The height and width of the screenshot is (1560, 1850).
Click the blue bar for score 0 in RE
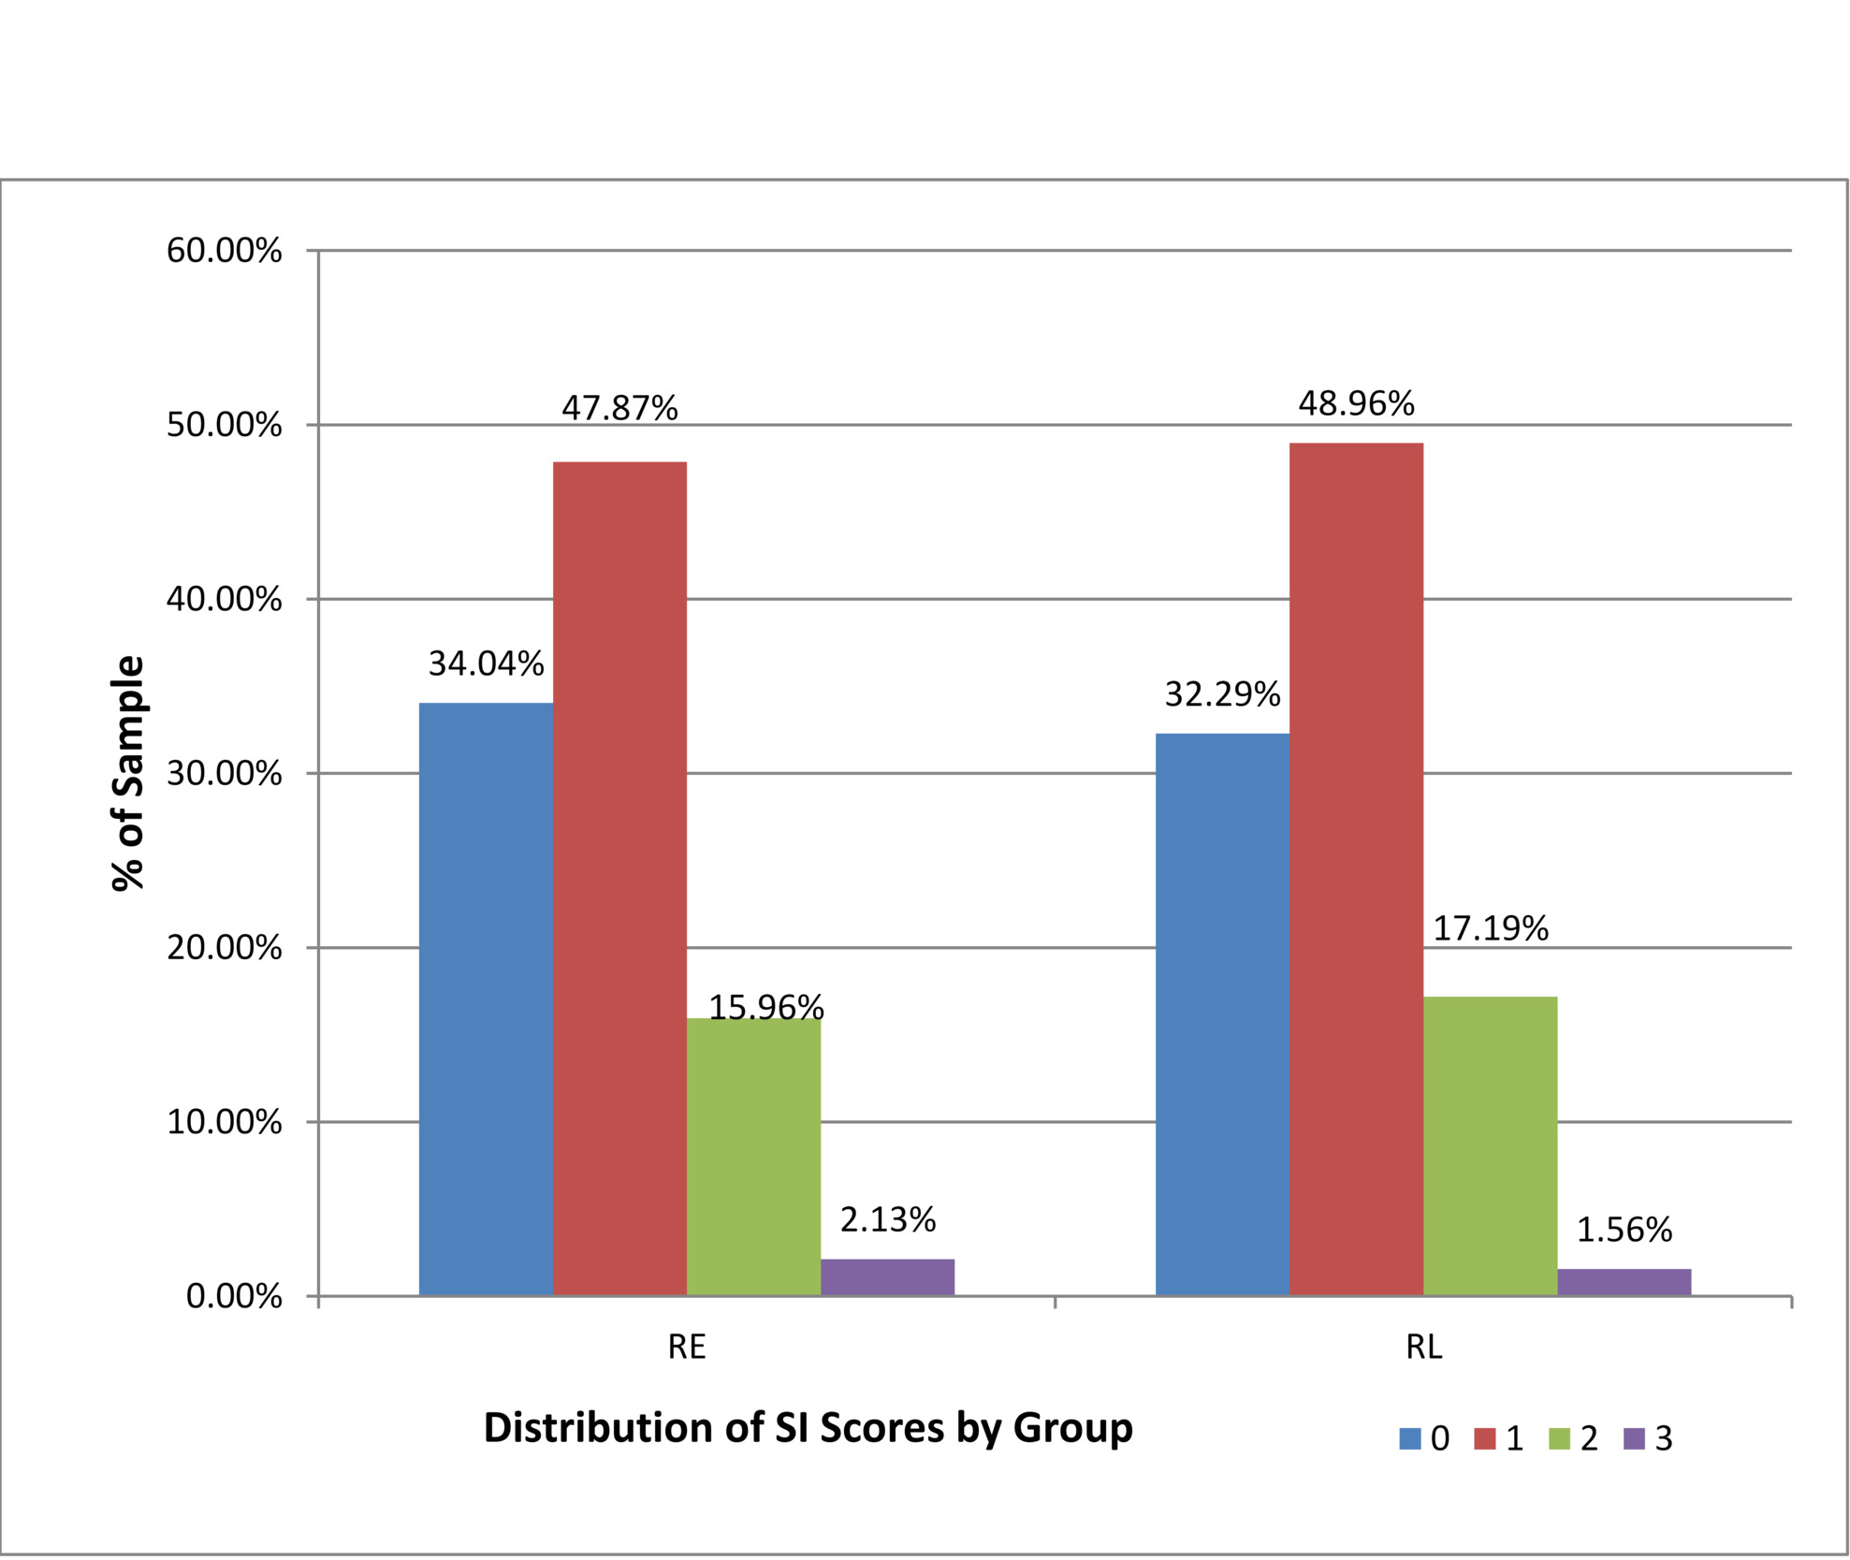(486, 999)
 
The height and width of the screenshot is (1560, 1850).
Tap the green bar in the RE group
(753, 1157)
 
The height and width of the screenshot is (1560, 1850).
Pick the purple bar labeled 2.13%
(887, 1276)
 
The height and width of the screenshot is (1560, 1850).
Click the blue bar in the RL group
(1222, 1013)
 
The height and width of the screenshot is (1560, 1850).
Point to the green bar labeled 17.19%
(1490, 1145)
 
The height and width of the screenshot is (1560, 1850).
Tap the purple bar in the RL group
(1624, 1281)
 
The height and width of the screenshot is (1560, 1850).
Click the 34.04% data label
(486, 664)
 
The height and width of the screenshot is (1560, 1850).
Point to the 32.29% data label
(1222, 694)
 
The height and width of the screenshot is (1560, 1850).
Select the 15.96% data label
(765, 1008)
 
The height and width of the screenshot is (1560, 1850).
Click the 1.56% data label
(1624, 1230)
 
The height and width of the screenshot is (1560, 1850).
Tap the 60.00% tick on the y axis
(224, 251)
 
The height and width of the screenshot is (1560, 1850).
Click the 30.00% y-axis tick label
(224, 774)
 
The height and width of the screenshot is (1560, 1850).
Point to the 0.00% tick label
(234, 1297)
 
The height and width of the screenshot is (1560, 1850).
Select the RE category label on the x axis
(686, 1348)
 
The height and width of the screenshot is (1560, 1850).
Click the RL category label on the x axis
(1423, 1348)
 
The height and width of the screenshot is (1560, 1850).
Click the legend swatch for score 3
(1634, 1438)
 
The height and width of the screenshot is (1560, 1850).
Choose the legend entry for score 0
(1423, 1438)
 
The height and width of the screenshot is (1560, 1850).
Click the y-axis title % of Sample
(128, 773)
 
